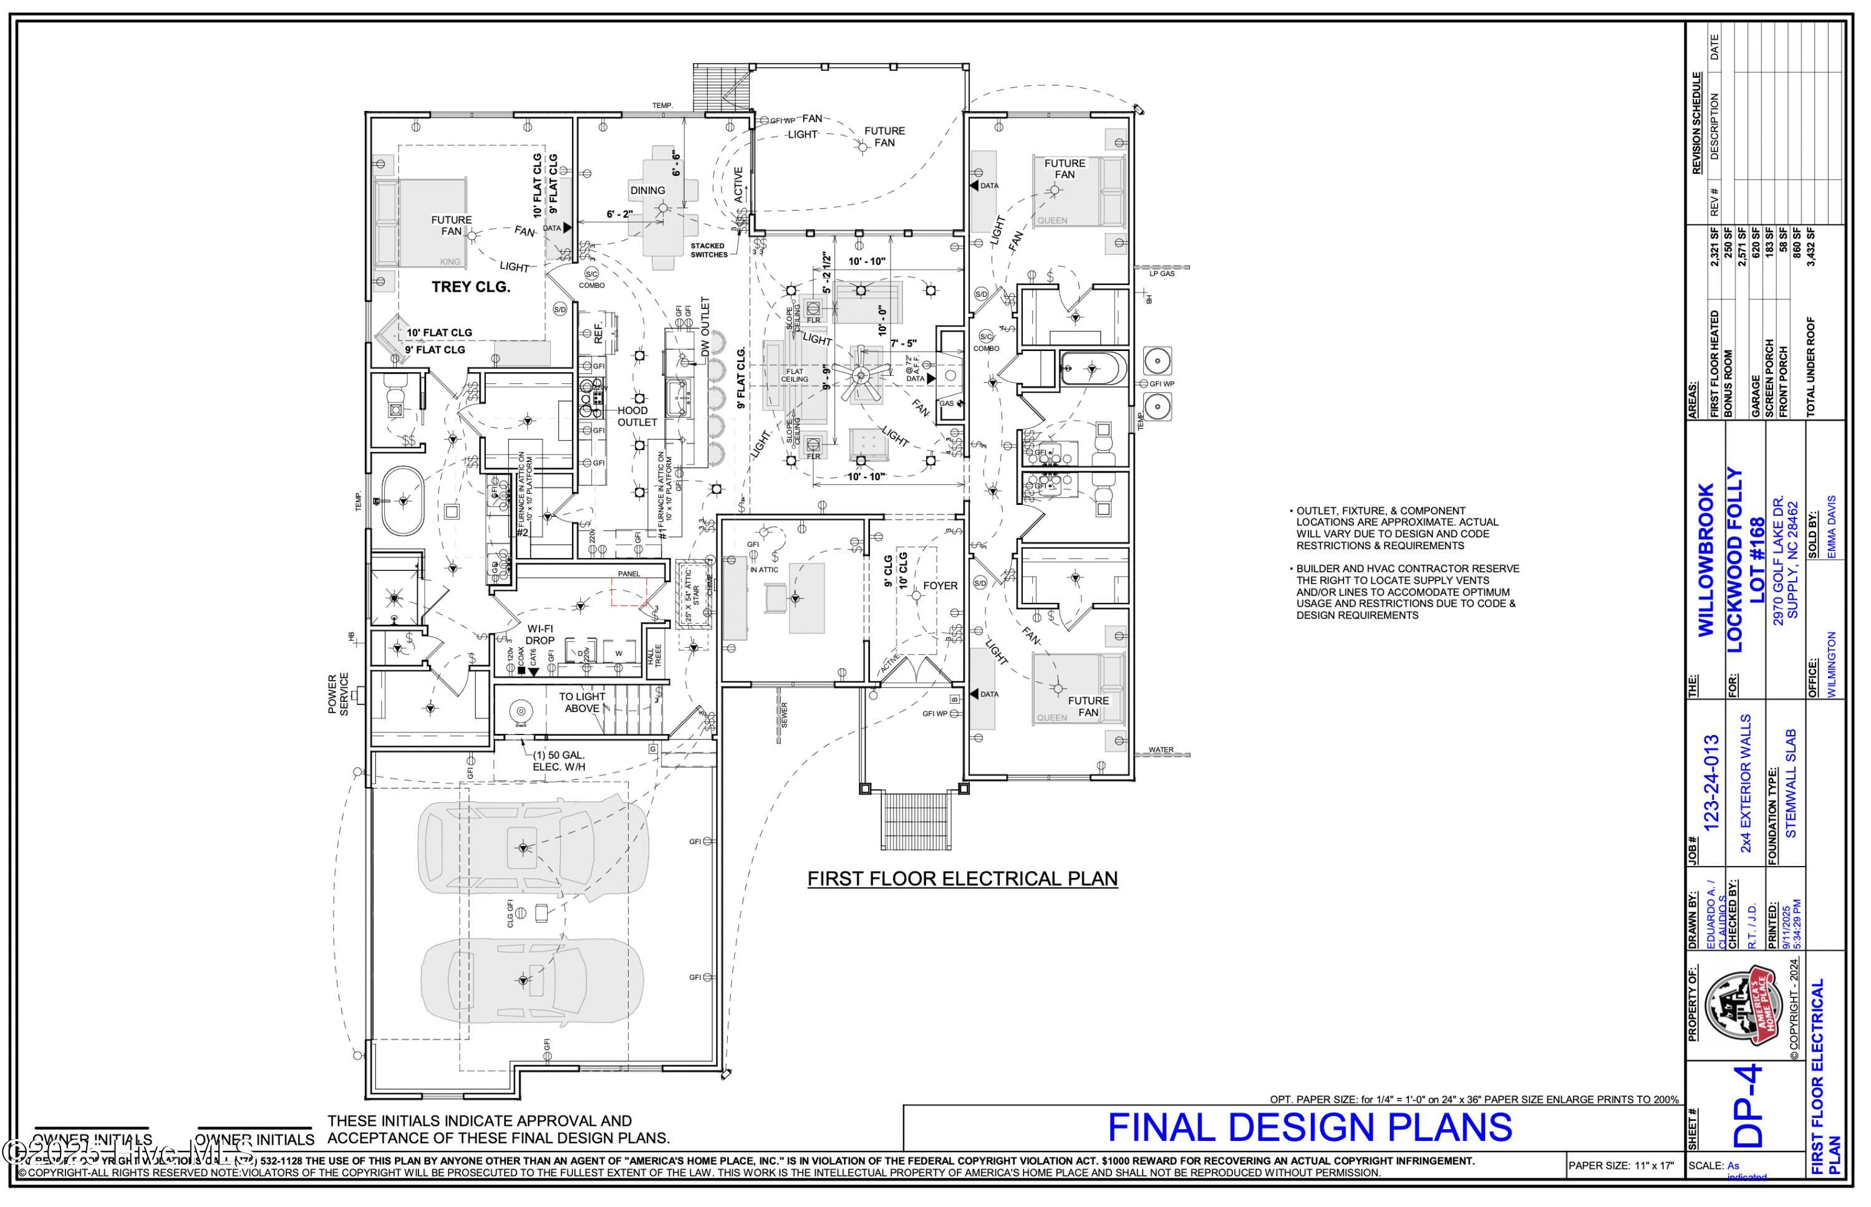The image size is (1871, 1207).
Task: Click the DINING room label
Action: click(647, 190)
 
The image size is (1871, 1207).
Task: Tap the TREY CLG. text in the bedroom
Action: click(470, 287)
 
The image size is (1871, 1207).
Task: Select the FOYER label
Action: click(940, 585)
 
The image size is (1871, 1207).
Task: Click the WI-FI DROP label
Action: click(539, 635)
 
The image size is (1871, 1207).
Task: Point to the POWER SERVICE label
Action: click(338, 694)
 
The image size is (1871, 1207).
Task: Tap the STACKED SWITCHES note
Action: click(708, 250)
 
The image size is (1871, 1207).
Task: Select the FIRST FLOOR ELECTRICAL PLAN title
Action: click(962, 878)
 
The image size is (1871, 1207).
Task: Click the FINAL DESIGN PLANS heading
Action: click(1309, 1128)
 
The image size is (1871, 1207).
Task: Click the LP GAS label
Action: click(1162, 274)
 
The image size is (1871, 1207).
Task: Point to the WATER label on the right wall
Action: click(1161, 750)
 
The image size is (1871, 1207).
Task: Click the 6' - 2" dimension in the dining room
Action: click(619, 214)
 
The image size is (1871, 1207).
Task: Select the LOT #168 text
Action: click(1757, 560)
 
